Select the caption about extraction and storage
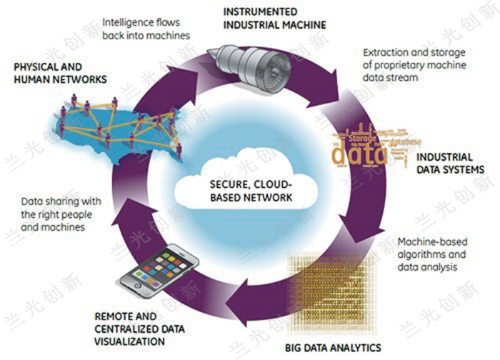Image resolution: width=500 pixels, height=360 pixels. (415, 65)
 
